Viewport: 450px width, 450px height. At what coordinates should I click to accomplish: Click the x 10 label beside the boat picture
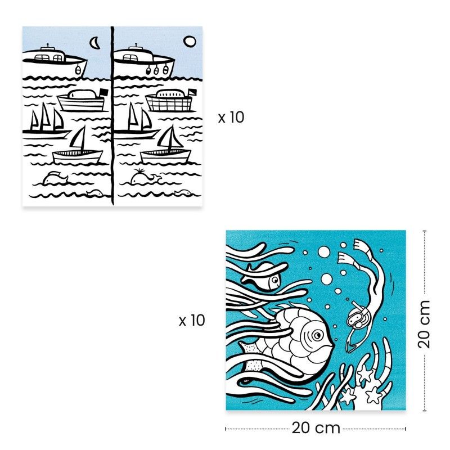(x=231, y=118)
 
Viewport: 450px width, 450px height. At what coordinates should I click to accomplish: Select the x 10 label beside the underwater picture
(x=192, y=321)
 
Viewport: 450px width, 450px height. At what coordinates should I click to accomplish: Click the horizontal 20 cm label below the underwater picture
(x=316, y=428)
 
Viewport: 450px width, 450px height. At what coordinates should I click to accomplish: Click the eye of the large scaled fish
(x=318, y=336)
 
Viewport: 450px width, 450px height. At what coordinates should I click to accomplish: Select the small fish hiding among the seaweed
(x=262, y=277)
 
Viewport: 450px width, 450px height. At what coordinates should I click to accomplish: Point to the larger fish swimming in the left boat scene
(x=56, y=178)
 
